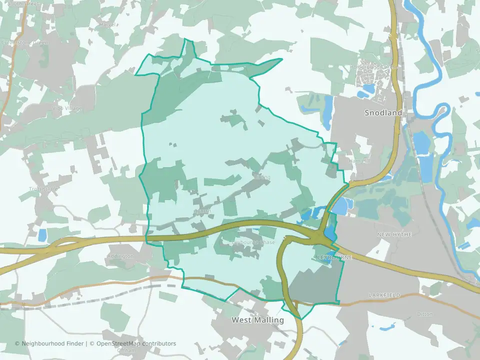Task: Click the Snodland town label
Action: [x=383, y=113]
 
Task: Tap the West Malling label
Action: [x=258, y=320]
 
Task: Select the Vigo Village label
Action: [x=66, y=108]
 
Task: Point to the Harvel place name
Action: [x=107, y=24]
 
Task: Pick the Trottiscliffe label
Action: [x=44, y=189]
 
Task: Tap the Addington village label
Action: [x=120, y=256]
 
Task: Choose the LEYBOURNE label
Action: [x=335, y=257]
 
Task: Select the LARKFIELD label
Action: [x=385, y=295]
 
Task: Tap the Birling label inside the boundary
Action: [x=261, y=177]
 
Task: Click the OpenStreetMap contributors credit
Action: [x=136, y=343]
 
